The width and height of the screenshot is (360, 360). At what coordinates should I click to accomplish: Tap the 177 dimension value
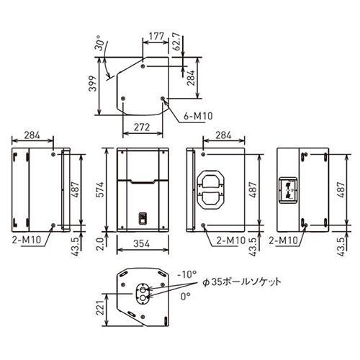156,36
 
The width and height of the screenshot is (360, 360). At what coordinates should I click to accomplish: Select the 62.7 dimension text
177,41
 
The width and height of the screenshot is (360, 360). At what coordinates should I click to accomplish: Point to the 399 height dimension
93,84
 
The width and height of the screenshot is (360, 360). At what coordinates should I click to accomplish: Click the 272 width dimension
142,127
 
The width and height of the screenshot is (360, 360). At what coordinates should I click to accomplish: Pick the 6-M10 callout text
198,116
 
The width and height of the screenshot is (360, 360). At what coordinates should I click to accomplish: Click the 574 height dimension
100,189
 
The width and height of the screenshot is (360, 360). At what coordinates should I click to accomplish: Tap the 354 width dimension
142,243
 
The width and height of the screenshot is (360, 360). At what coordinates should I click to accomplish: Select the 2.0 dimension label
100,244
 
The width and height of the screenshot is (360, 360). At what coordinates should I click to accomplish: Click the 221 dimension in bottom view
101,307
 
